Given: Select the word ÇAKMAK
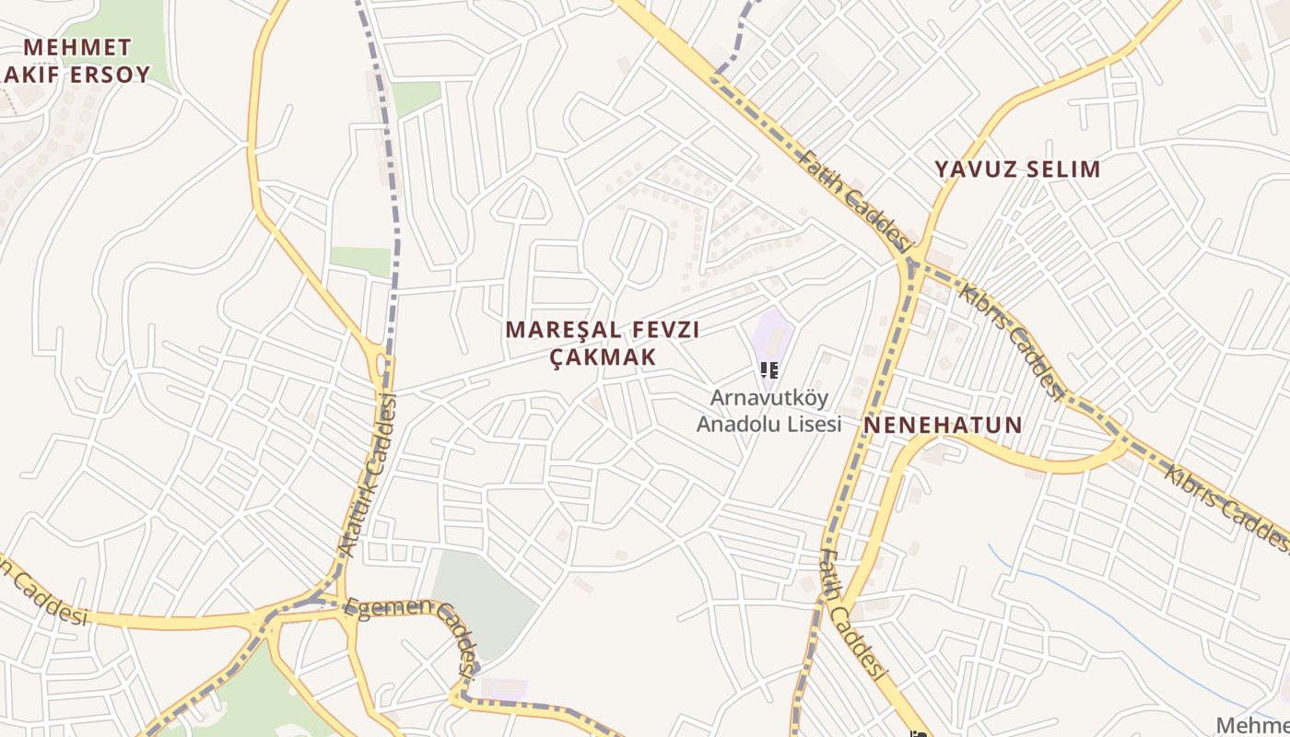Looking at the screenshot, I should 603,357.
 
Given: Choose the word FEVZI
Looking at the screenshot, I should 665,330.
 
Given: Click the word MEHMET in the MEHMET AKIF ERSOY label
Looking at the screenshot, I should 77,47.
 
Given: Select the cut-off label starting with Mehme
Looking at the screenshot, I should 1253,725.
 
